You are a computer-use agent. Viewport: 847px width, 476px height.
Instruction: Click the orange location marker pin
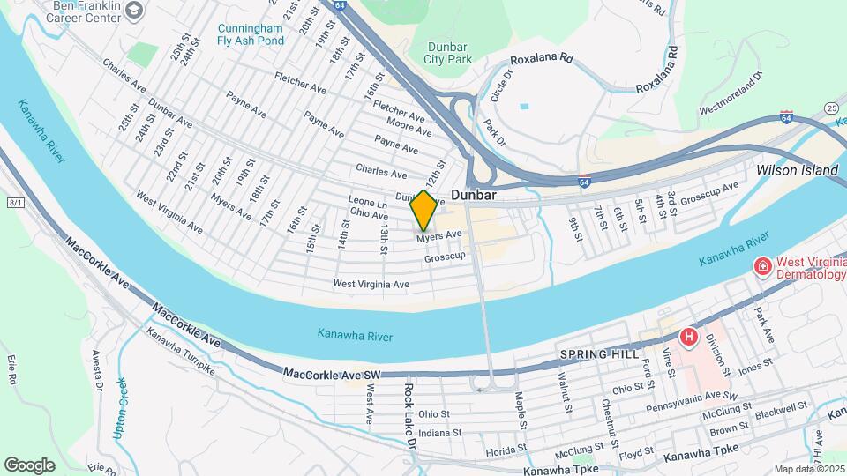coord(423,210)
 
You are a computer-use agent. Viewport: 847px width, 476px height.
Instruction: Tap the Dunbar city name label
coord(476,194)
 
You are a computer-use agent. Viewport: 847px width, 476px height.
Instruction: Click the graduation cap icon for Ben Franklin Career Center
coord(134,11)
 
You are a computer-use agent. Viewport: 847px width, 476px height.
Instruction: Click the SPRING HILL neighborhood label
coord(591,354)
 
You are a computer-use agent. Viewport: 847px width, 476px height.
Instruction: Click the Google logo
coord(29,465)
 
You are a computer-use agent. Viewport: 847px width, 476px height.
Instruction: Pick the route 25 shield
coord(831,108)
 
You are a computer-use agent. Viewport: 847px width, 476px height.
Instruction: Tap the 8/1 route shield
coord(14,203)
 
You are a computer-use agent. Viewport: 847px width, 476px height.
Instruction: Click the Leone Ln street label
coord(369,202)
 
